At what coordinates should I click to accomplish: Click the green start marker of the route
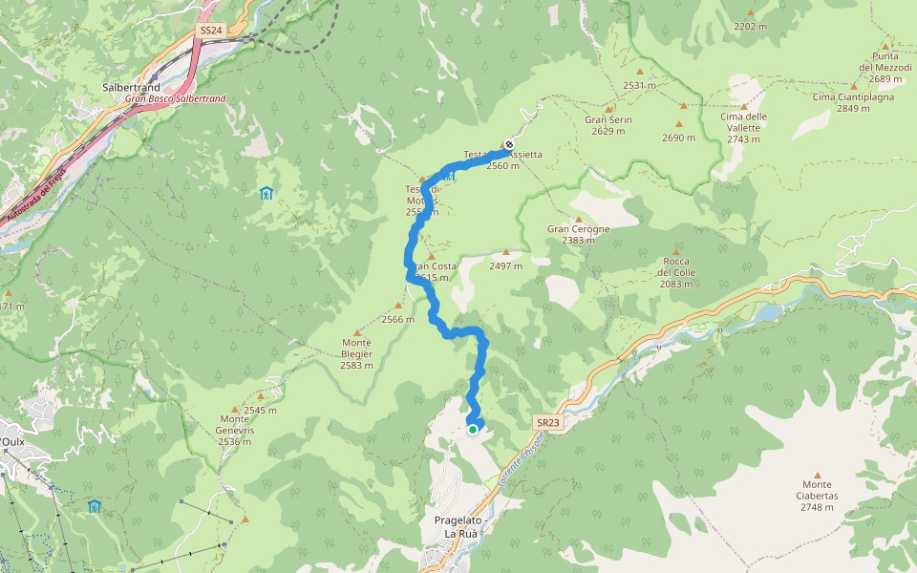click(x=473, y=430)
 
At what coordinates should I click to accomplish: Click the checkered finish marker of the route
click(x=508, y=145)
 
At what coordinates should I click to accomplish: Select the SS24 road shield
click(x=210, y=31)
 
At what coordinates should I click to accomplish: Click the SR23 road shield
click(x=546, y=421)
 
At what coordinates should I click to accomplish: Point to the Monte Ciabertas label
click(x=817, y=501)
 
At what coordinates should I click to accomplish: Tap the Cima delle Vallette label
click(x=743, y=127)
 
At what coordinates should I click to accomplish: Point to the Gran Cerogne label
click(x=578, y=234)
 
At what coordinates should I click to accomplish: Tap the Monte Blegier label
click(x=356, y=353)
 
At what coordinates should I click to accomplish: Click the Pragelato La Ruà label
click(x=455, y=526)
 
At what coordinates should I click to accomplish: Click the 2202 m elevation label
click(x=750, y=27)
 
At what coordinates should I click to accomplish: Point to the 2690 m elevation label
click(x=678, y=138)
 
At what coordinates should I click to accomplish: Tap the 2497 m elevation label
click(x=505, y=266)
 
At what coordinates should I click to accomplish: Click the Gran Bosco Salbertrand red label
click(x=175, y=98)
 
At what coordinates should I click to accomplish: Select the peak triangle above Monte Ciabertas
click(x=817, y=475)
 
